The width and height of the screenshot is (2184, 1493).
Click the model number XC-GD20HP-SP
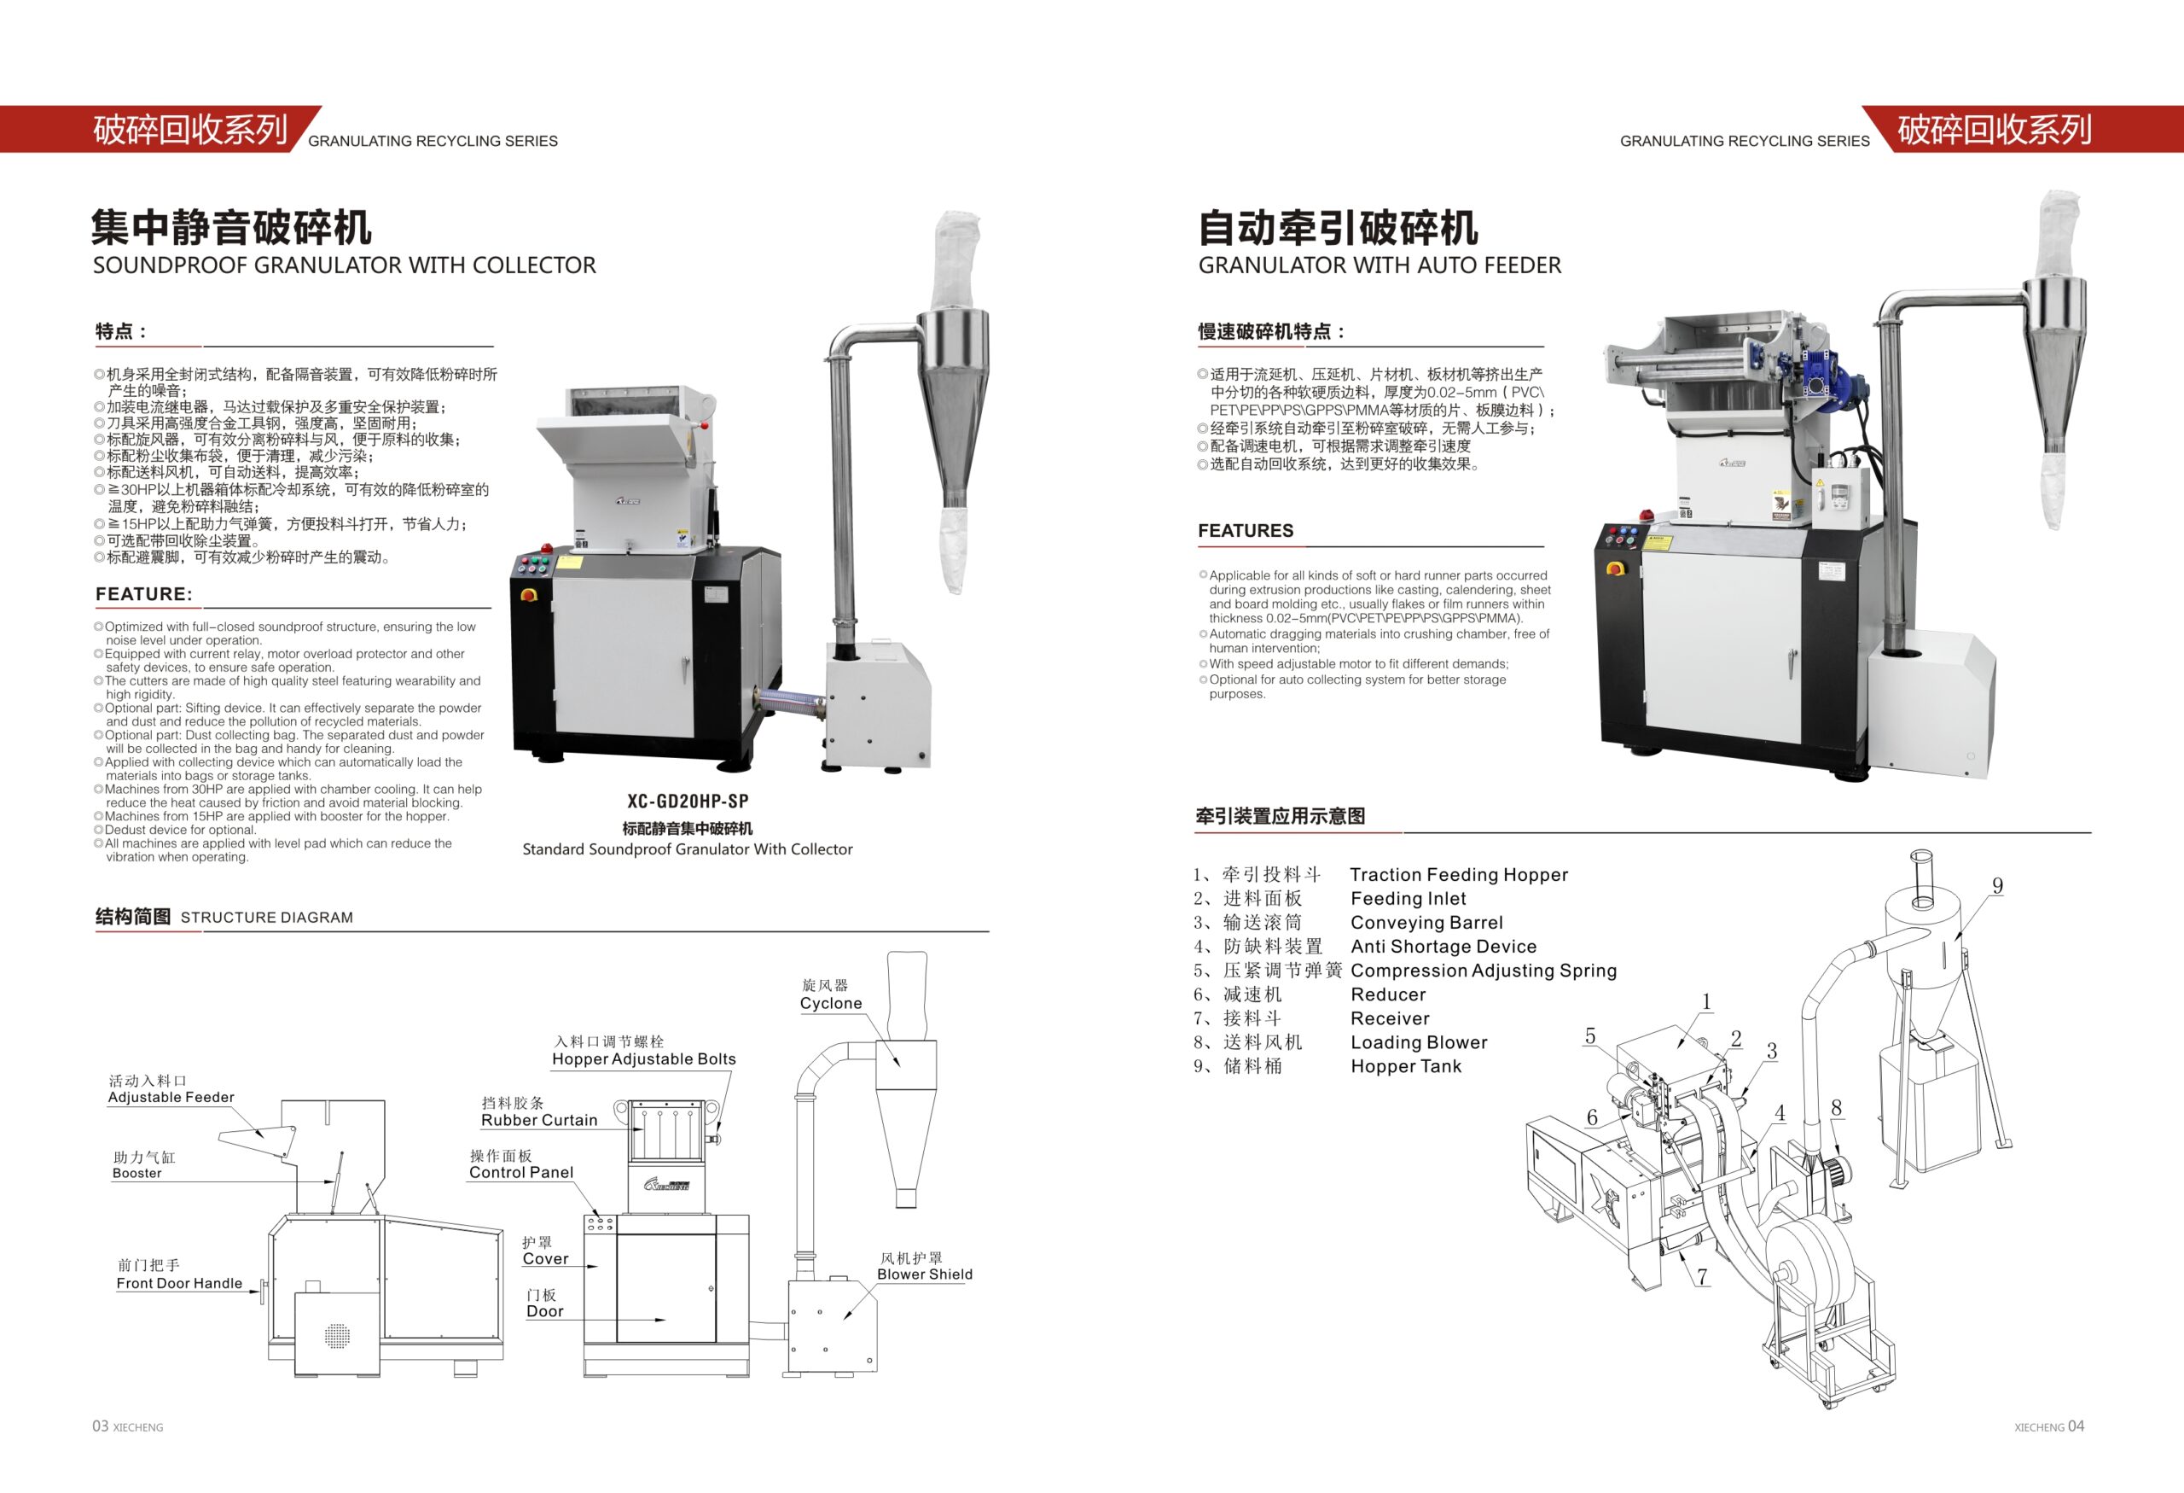coord(688,801)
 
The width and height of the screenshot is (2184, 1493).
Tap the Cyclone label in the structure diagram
coord(831,1003)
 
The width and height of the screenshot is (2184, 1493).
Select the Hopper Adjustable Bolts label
coord(644,1059)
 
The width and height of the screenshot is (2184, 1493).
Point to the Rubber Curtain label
coord(539,1120)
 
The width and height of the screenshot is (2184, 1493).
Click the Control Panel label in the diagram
coord(521,1172)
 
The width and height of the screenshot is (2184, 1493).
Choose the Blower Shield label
coord(925,1274)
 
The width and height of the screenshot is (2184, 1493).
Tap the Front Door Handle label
coord(179,1283)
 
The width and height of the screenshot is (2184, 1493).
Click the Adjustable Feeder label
coord(171,1097)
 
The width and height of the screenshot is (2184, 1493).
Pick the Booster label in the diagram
coord(137,1174)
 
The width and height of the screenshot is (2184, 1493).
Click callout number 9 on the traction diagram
coord(1997,886)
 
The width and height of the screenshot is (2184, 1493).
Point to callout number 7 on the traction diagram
coord(1702,1277)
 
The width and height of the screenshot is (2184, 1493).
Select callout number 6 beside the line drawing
coord(1592,1117)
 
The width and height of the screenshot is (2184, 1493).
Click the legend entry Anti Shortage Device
coord(1443,947)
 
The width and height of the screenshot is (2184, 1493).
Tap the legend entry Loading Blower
coord(1419,1042)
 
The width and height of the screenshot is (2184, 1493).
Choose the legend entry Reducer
coord(1388,994)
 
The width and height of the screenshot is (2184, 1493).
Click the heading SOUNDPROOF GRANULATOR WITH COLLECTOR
coord(344,266)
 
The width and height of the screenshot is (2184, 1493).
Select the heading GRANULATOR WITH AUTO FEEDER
coord(1380,266)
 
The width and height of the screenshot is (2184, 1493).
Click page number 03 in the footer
coord(101,1426)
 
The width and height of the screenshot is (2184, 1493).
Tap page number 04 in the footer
coord(2076,1426)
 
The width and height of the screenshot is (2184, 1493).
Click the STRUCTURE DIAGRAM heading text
coord(267,918)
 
